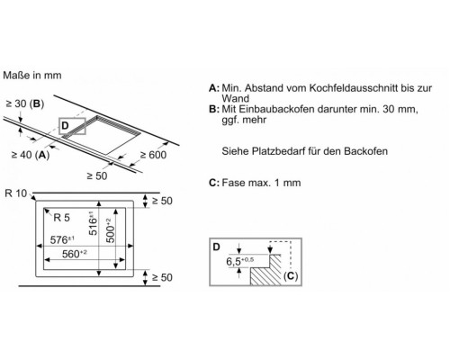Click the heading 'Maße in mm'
click(32, 75)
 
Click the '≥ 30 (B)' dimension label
click(25, 103)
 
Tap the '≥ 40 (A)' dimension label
click(31, 155)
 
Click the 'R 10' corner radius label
click(16, 193)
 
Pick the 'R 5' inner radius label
click(61, 218)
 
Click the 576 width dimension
click(62, 239)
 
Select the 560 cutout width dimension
click(74, 254)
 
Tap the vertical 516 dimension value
click(93, 223)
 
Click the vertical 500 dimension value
click(110, 230)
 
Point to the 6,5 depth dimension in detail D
click(240, 261)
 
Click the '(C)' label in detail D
click(291, 276)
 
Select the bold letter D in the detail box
click(216, 247)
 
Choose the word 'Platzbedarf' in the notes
click(277, 151)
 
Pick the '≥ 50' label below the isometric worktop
click(97, 175)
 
